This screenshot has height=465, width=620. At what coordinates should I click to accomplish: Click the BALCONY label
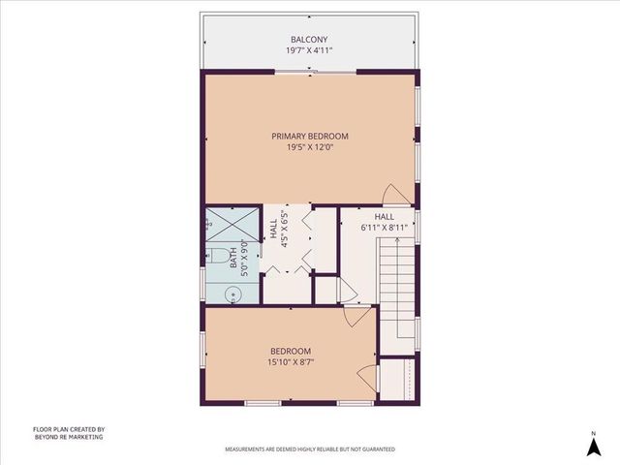click(x=309, y=39)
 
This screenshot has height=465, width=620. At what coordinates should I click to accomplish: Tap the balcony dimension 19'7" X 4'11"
click(x=309, y=49)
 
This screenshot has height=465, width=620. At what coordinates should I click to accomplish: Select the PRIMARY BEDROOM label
click(x=309, y=137)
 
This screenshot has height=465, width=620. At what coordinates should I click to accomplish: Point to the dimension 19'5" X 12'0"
click(x=309, y=148)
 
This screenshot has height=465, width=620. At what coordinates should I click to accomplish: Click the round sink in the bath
click(x=234, y=295)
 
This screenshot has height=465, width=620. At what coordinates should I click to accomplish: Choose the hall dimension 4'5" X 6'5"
click(x=285, y=231)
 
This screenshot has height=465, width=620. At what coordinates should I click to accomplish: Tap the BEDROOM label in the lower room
click(x=290, y=352)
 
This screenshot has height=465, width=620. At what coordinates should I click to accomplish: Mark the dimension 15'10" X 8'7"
click(x=290, y=362)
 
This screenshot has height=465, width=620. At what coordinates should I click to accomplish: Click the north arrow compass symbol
click(x=593, y=447)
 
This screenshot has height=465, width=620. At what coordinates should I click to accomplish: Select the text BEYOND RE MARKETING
click(x=68, y=437)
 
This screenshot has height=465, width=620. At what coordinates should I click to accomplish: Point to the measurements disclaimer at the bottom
click(x=309, y=449)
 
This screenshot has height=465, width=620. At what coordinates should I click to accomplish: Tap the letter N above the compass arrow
click(x=593, y=432)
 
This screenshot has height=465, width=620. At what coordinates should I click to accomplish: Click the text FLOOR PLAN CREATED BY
click(x=68, y=429)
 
